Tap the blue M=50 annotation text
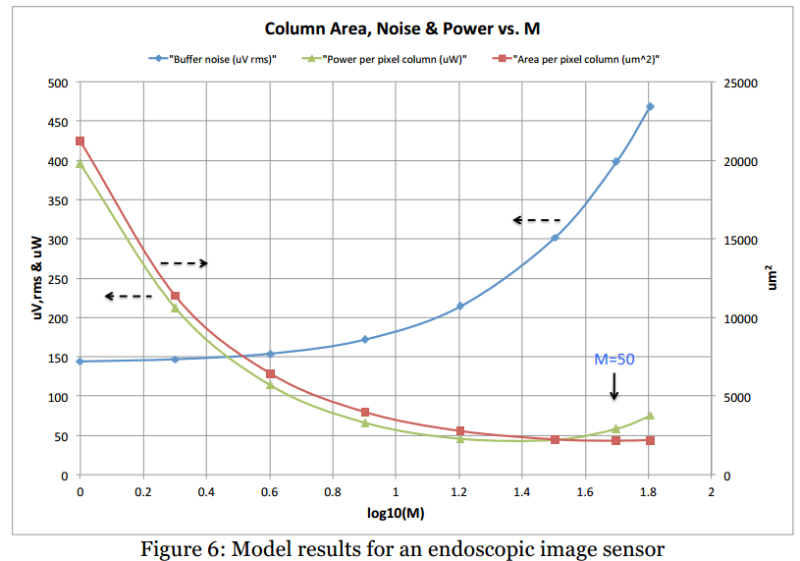pyautogui.click(x=614, y=360)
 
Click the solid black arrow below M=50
pyautogui.click(x=614, y=386)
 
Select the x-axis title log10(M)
pyautogui.click(x=395, y=512)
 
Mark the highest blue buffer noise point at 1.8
pyautogui.click(x=650, y=107)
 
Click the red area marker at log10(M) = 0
pyautogui.click(x=80, y=141)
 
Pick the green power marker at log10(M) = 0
pyautogui.click(x=80, y=164)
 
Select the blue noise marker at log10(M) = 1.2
pyautogui.click(x=459, y=307)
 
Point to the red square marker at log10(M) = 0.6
pyautogui.click(x=270, y=374)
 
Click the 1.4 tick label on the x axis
pyautogui.click(x=521, y=490)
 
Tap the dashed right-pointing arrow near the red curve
pyautogui.click(x=184, y=263)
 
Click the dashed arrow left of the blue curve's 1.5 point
pyautogui.click(x=536, y=220)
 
